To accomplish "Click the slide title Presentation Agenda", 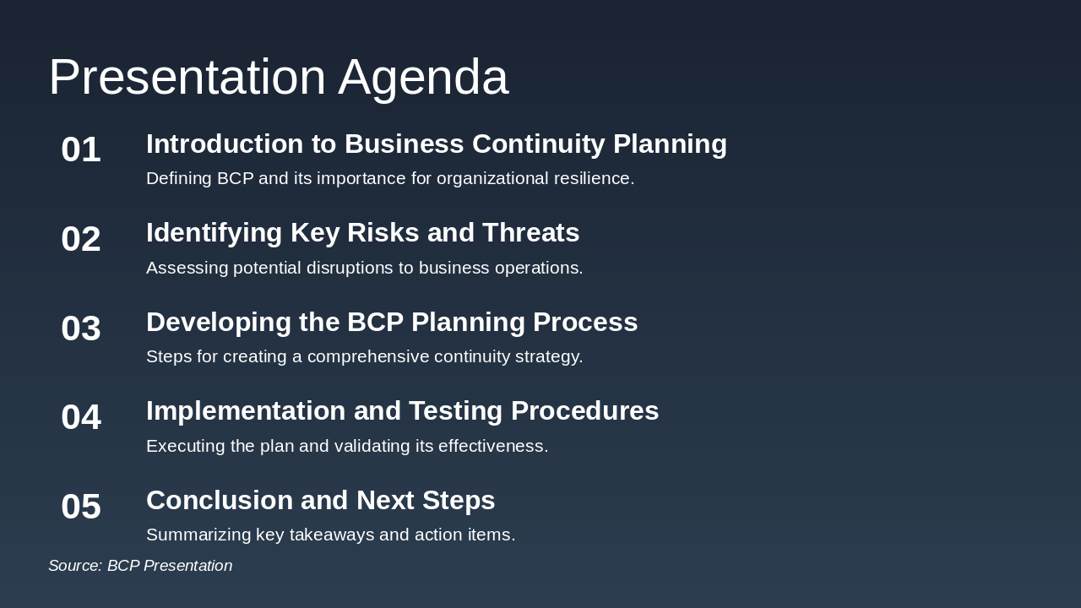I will click(278, 77).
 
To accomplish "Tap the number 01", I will click(81, 150).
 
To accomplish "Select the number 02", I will click(81, 239).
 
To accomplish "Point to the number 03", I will click(81, 328).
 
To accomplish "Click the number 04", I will click(81, 417).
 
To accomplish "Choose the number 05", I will click(81, 507).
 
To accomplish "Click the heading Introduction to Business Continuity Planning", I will click(436, 144).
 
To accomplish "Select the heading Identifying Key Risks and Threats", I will click(362, 233).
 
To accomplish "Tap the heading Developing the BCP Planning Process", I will click(391, 323).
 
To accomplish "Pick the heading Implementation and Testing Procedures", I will click(402, 411).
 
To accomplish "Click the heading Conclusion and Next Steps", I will click(320, 501).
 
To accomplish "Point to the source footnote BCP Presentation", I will click(140, 566).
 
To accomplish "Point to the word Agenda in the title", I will click(423, 77).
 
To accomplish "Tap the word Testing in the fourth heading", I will click(460, 411).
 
